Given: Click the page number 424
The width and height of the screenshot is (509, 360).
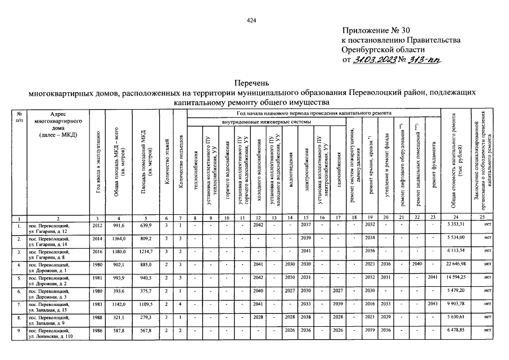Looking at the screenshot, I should [251, 21].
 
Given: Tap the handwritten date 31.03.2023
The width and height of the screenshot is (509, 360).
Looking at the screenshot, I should [373, 60].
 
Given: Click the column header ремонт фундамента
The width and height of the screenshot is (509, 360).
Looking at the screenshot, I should [433, 165].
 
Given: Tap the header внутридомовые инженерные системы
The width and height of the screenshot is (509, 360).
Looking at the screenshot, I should [266, 121].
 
